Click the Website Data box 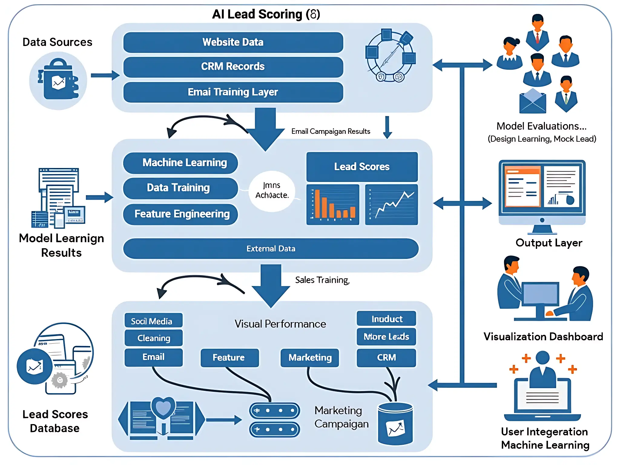click(233, 42)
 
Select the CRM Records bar click(233, 67)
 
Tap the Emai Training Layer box click(233, 92)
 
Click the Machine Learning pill click(181, 163)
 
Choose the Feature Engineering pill click(181, 214)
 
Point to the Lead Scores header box click(362, 167)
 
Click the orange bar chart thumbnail click(333, 205)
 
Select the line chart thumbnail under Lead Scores click(391, 205)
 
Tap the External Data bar click(271, 249)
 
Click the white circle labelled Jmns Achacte click(272, 191)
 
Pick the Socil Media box click(153, 321)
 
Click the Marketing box click(310, 358)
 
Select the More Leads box click(386, 337)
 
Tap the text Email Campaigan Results click(331, 131)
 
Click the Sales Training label click(322, 280)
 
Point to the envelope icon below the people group click(533, 101)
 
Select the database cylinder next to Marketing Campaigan click(395, 424)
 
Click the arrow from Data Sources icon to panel click(105, 75)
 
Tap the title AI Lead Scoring click(266, 14)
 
